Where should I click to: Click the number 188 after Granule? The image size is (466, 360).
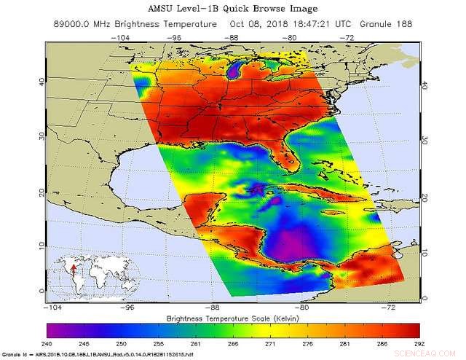[x=402, y=24]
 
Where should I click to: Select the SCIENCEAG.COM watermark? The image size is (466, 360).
[x=430, y=347]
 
